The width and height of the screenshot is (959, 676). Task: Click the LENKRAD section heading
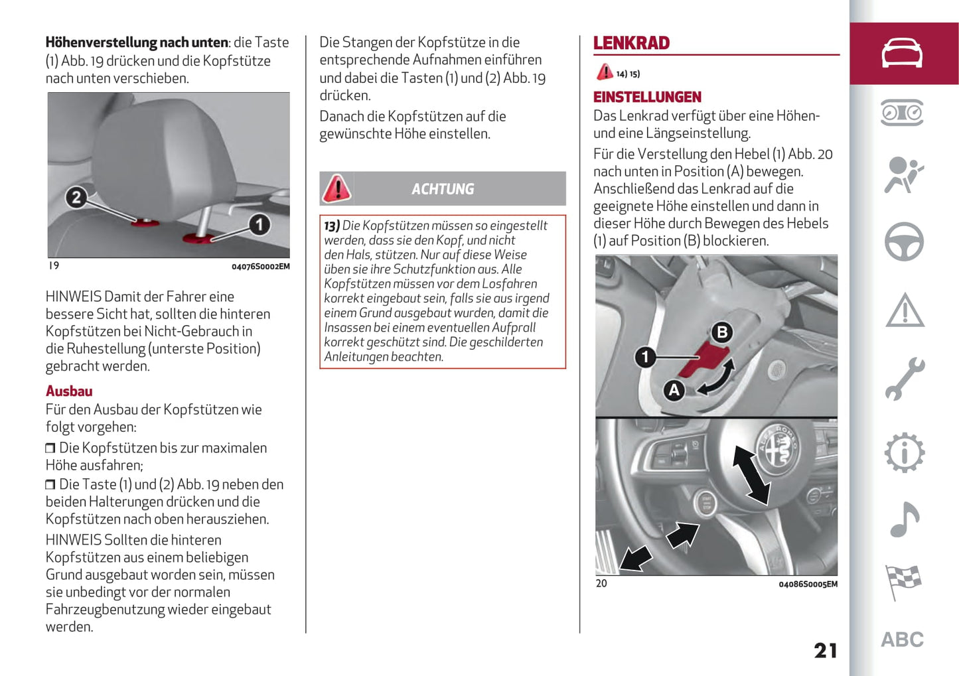coord(631,43)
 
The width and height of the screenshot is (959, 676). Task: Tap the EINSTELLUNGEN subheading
coord(647,97)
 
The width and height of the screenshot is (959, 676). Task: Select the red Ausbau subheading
coord(69,391)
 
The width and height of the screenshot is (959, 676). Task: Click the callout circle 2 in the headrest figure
coord(76,197)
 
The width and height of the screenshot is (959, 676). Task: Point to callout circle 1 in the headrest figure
coord(259,224)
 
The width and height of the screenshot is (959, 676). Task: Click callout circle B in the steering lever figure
coord(722,332)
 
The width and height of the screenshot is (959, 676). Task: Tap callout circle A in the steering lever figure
coord(674,389)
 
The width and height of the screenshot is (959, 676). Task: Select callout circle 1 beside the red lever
coord(645,357)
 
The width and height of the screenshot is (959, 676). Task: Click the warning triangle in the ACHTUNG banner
coord(336,188)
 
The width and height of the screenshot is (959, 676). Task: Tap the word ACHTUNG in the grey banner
coord(443,189)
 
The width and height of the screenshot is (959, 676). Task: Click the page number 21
coord(826,650)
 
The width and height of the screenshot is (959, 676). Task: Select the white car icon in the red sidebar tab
coord(902,53)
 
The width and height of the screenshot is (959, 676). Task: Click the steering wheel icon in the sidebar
coord(904,241)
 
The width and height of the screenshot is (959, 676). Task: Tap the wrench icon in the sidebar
coord(904,379)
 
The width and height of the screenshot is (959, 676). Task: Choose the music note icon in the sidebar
coord(904,519)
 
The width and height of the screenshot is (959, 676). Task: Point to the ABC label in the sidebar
coord(902,640)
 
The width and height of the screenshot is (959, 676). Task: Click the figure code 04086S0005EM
coord(808,584)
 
